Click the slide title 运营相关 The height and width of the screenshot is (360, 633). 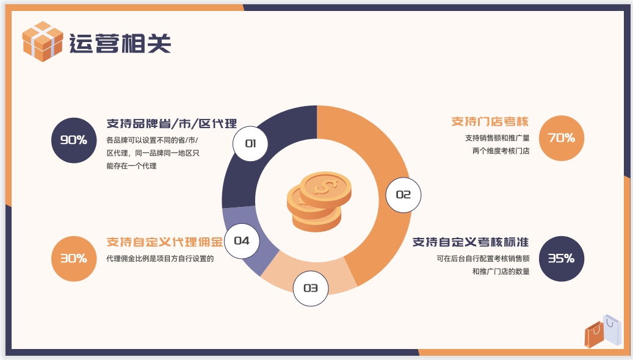point(120,43)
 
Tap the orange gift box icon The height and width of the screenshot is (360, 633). point(42,41)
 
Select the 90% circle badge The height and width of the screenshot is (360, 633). point(74,140)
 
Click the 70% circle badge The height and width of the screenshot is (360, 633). point(562,138)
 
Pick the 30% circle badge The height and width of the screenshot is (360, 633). point(74,258)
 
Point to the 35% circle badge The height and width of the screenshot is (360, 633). point(562,258)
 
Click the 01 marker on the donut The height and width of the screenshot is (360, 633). point(250,143)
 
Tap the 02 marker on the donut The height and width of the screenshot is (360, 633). point(403,195)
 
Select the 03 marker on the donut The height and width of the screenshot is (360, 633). point(311,288)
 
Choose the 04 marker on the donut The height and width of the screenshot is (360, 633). point(242,241)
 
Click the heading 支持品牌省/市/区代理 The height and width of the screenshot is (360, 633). point(172,123)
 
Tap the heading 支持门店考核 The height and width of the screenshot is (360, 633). point(490,121)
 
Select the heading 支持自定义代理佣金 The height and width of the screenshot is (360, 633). point(165,242)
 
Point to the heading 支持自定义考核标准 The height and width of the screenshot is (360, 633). point(470,242)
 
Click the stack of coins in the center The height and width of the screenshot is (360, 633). point(319,201)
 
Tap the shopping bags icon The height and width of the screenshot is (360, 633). point(603,331)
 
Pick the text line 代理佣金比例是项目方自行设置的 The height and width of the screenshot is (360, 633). point(160,259)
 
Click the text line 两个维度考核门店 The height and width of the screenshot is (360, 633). point(501,151)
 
